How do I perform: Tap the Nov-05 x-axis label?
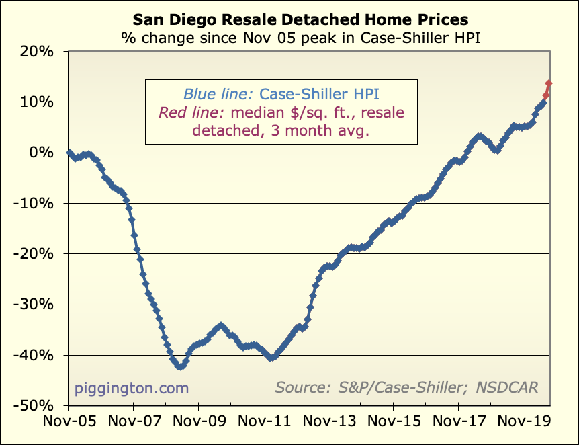[x=69, y=424]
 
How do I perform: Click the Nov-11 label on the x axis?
[x=263, y=424]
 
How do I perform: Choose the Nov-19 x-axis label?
[x=523, y=424]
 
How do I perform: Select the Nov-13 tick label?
[x=328, y=424]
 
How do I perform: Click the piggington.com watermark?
[x=132, y=388]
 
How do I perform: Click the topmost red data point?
[x=549, y=83]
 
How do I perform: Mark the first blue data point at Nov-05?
[x=69, y=153]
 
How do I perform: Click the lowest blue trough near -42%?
[x=179, y=367]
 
